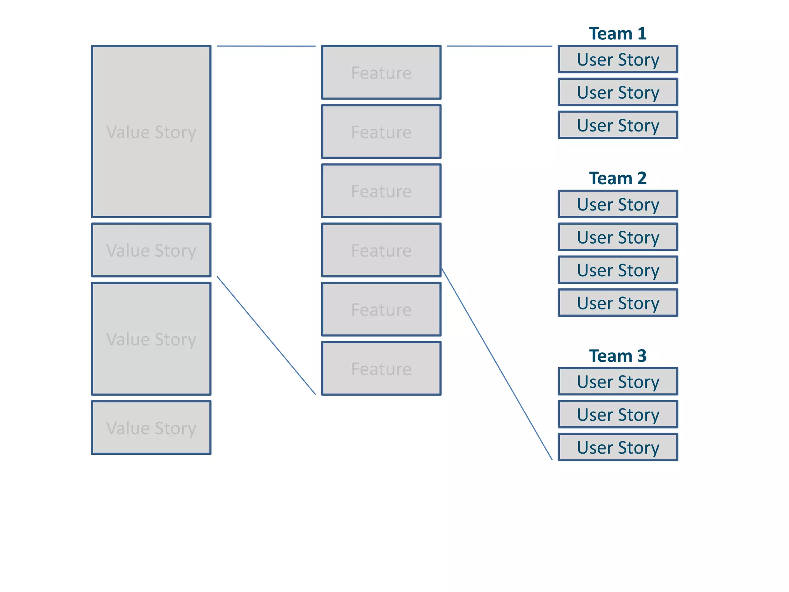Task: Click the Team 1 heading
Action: [x=618, y=34]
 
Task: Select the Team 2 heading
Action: [x=618, y=178]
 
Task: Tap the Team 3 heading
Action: [x=618, y=356]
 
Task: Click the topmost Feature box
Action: [x=381, y=72]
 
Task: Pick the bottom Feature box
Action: [x=381, y=368]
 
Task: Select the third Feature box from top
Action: [x=381, y=191]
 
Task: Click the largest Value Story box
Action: [x=151, y=131]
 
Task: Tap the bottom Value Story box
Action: [x=151, y=427]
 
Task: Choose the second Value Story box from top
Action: [x=151, y=250]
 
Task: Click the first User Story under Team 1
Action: [x=618, y=59]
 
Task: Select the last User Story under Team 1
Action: [x=618, y=125]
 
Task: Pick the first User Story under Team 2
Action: [x=618, y=204]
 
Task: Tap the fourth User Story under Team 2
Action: [x=618, y=303]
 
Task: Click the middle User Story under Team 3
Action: [x=618, y=414]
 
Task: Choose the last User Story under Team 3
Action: [x=618, y=447]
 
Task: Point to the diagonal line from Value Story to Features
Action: [x=266, y=335]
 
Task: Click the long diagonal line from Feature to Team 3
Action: [x=496, y=363]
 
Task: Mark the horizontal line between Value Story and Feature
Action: [x=266, y=46]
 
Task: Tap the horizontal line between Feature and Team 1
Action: [x=499, y=46]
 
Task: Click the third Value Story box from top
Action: [x=151, y=339]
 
